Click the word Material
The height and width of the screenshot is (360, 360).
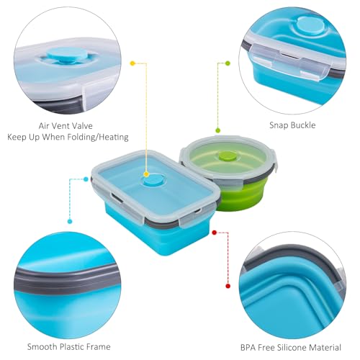(x=344, y=346)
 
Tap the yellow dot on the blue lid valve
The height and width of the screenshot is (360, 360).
(x=147, y=174)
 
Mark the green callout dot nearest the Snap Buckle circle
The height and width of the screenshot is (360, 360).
(x=228, y=63)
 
